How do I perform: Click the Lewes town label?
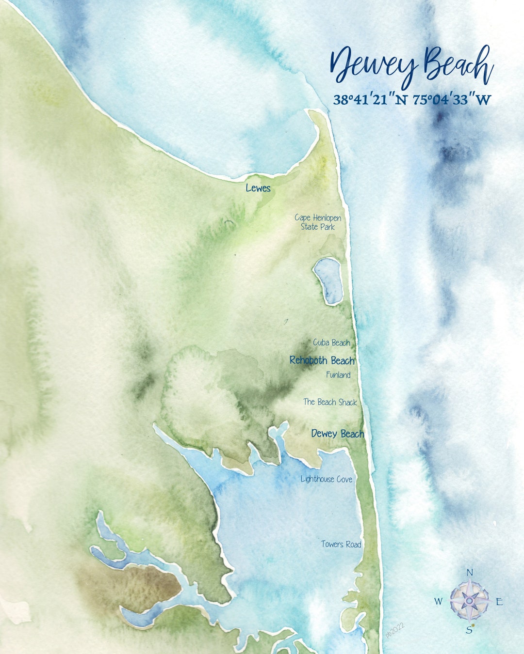tap(258, 188)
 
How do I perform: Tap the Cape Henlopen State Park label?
tap(318, 222)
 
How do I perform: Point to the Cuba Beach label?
tap(331, 343)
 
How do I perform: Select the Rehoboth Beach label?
tap(322, 360)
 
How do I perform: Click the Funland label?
tap(338, 374)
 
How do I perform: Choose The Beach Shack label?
tap(330, 402)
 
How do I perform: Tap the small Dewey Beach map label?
tap(337, 434)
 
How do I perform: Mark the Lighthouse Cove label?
tap(326, 479)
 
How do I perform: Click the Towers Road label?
tap(341, 544)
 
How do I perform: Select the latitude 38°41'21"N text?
tap(370, 100)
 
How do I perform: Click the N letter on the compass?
tap(469, 573)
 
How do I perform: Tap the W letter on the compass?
tap(438, 602)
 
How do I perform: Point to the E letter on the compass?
tap(499, 602)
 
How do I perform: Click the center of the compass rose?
tap(469, 601)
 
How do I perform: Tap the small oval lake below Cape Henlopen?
tap(328, 280)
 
